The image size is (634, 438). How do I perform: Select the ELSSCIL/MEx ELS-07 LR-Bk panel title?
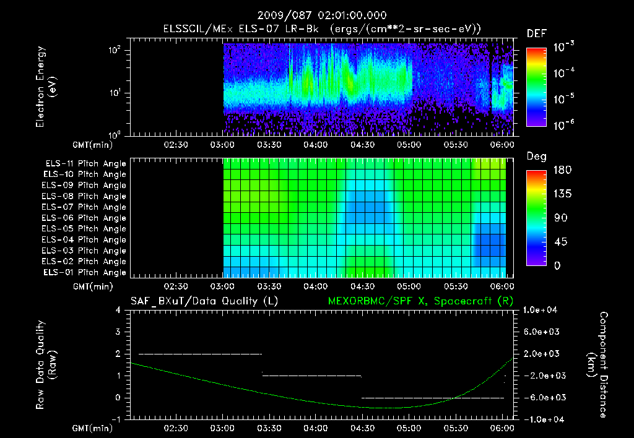(x=322, y=29)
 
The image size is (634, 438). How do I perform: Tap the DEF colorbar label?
(x=536, y=34)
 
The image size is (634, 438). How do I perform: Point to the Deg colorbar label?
(x=536, y=157)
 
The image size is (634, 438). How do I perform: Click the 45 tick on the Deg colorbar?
(x=557, y=242)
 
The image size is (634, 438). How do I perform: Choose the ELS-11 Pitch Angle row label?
(x=85, y=164)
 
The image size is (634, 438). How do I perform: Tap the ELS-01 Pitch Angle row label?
(x=85, y=273)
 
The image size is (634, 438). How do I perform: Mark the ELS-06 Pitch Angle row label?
(x=85, y=218)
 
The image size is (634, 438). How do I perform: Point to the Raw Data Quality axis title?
(x=46, y=365)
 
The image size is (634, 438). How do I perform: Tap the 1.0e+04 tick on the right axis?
(x=542, y=310)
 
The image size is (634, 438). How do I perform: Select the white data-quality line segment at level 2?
(x=200, y=354)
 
